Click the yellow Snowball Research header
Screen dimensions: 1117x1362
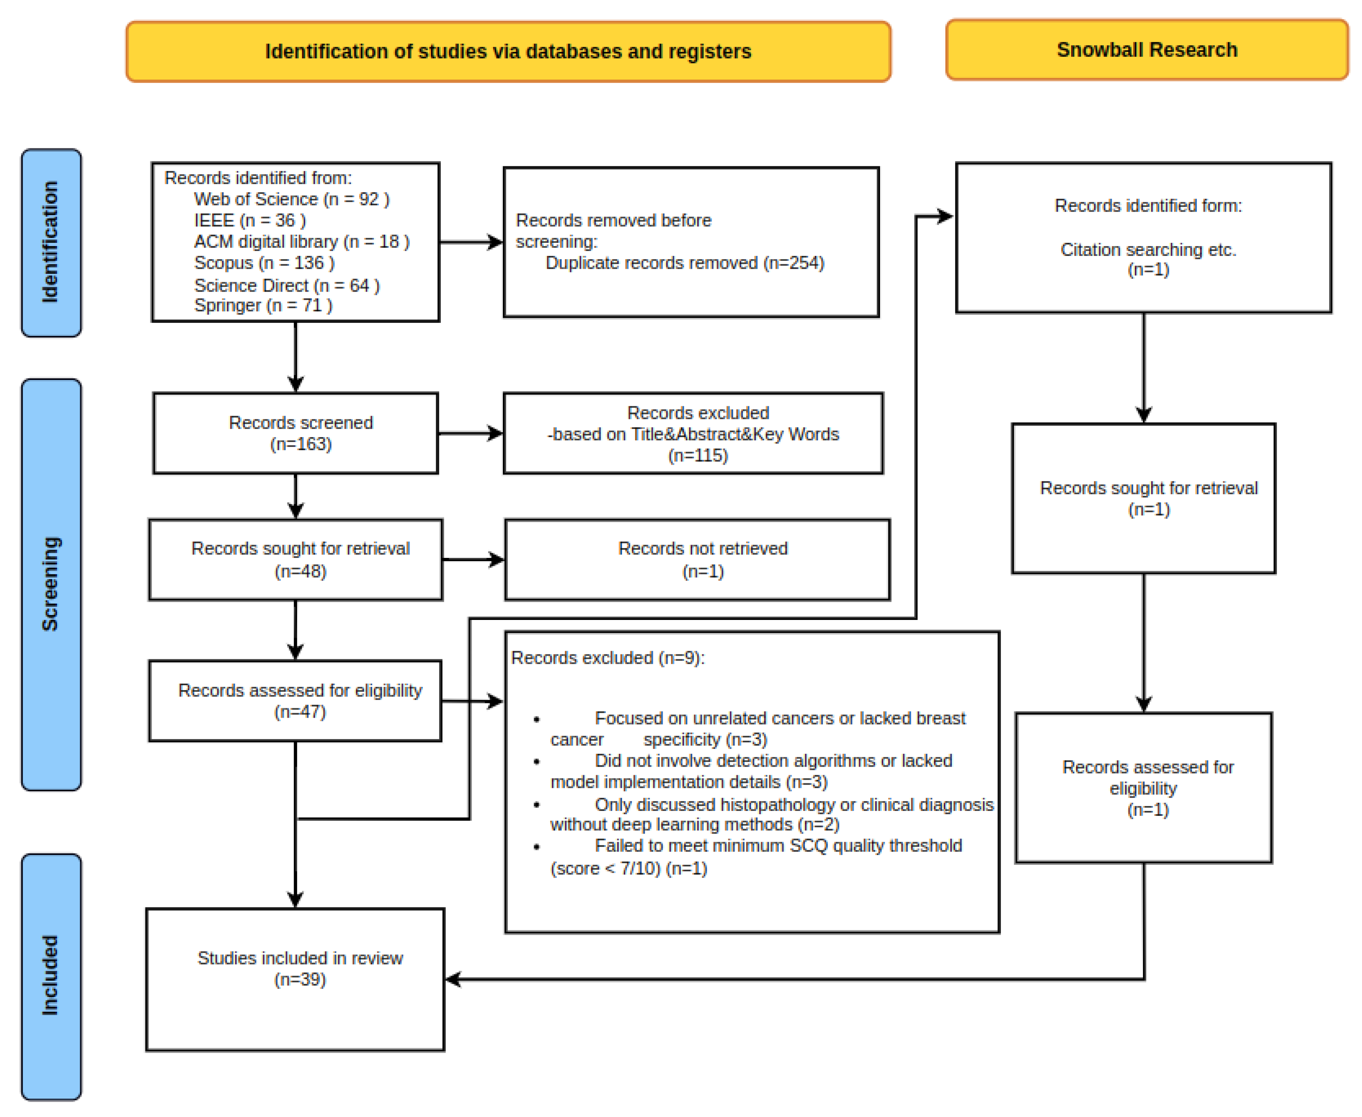click(x=1146, y=50)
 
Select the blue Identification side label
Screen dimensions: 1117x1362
click(x=51, y=242)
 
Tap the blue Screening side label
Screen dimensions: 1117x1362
click(x=51, y=584)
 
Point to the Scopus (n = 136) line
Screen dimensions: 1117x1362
click(x=264, y=263)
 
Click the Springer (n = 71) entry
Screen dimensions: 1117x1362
click(x=263, y=306)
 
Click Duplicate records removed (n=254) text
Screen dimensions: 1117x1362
click(x=684, y=263)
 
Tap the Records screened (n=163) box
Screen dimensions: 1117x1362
click(x=295, y=433)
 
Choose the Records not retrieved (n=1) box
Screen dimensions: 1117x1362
click(x=697, y=560)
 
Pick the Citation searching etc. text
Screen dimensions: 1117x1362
click(x=1148, y=250)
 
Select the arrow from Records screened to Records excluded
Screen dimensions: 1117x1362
click(x=470, y=433)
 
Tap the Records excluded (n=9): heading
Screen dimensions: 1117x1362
click(x=607, y=658)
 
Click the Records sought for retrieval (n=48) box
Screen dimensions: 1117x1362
click(x=295, y=560)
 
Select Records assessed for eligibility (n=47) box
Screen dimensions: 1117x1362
click(x=295, y=701)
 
